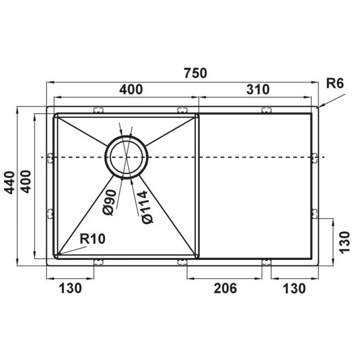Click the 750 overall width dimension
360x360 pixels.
(x=195, y=73)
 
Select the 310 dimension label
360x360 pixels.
(x=258, y=89)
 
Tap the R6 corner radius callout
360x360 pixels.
(x=335, y=84)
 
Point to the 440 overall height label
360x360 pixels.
(x=10, y=182)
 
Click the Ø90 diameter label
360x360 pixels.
(x=109, y=202)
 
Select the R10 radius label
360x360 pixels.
(x=93, y=239)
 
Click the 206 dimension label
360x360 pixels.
(x=225, y=288)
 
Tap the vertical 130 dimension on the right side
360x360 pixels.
(x=344, y=242)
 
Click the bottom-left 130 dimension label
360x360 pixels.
(x=70, y=288)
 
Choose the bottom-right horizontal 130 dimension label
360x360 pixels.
(x=294, y=289)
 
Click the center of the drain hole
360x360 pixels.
(x=126, y=157)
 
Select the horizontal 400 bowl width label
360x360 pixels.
(x=131, y=89)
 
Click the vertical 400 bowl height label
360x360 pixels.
(x=26, y=181)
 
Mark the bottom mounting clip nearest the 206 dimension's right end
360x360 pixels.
(x=266, y=262)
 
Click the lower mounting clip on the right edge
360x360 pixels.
(x=314, y=214)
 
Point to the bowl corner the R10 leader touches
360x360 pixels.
(x=57, y=255)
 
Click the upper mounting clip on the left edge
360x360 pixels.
(x=51, y=158)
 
